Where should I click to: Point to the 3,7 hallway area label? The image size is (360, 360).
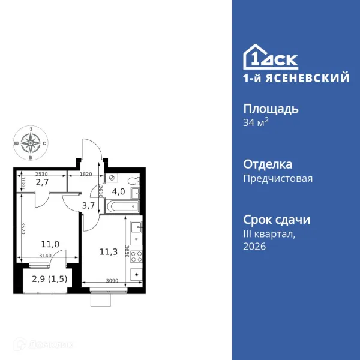(89, 206)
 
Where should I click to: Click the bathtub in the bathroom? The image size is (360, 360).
(123, 207)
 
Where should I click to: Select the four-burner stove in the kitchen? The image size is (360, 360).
(136, 256)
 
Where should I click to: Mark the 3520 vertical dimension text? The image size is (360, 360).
(23, 229)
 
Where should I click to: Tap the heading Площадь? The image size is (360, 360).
(271, 109)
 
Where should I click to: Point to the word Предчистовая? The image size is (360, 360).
(278, 178)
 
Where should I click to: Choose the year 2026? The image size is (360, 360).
(255, 246)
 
